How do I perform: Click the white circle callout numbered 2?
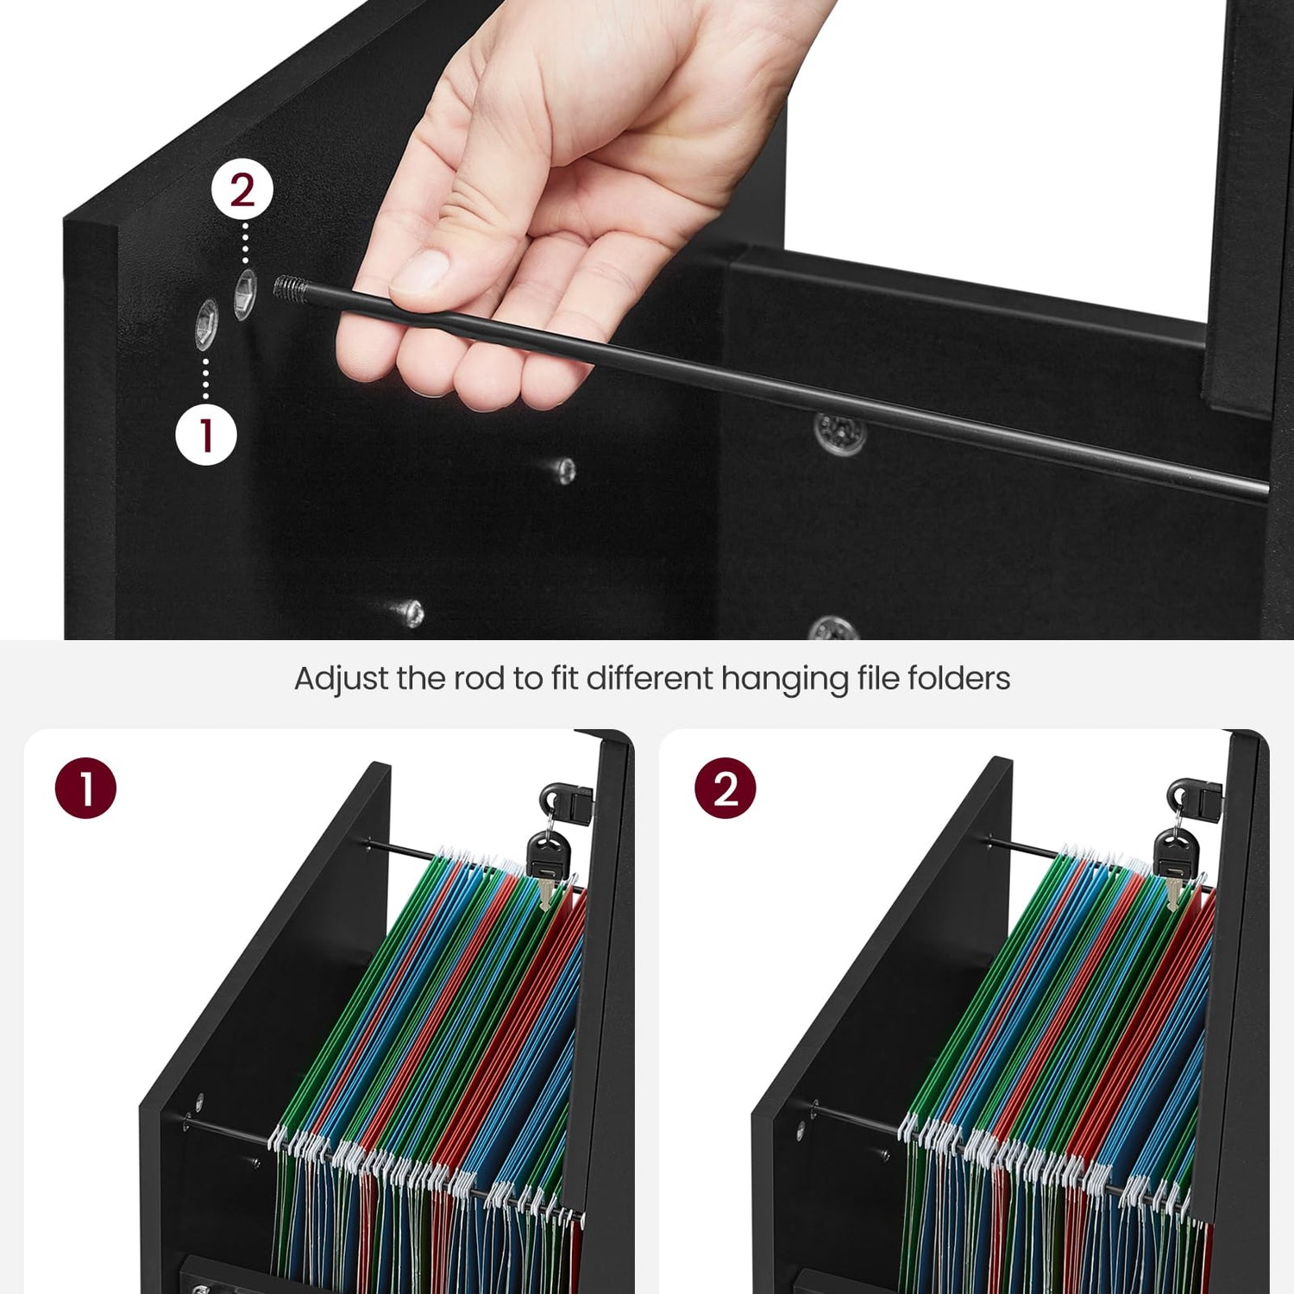[x=242, y=191]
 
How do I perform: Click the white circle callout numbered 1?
[x=206, y=434]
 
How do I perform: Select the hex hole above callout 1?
[x=207, y=324]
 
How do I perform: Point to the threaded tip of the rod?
[x=287, y=286]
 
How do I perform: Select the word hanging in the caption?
[x=784, y=680]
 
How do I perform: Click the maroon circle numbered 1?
[x=85, y=788]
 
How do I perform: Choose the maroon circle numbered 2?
[x=725, y=788]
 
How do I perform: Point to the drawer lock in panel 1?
[x=566, y=801]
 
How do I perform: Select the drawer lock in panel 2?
[x=1194, y=798]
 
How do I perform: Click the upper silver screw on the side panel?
[x=563, y=470]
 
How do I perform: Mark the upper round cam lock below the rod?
[x=839, y=430]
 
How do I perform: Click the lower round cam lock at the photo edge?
[x=833, y=629]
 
